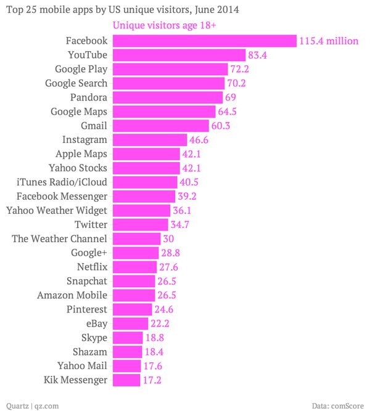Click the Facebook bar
pyautogui.click(x=203, y=41)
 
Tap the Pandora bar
pyautogui.click(x=166, y=97)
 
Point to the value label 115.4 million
pyautogui.click(x=329, y=41)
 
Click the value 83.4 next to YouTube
pyautogui.click(x=257, y=55)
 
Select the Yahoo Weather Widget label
pyautogui.click(x=57, y=210)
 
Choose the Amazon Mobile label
pyautogui.click(x=72, y=295)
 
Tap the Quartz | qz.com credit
pyautogui.click(x=32, y=405)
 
